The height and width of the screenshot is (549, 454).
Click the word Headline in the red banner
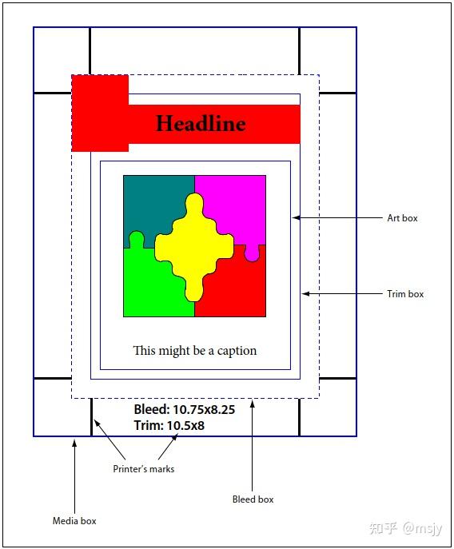[x=201, y=123]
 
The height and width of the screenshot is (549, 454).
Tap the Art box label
[x=402, y=218]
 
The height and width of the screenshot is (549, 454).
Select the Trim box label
[x=405, y=294]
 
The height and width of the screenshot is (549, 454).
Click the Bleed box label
[x=253, y=499]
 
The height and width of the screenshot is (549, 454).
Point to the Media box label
[x=74, y=521]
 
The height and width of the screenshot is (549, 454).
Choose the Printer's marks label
[x=144, y=469]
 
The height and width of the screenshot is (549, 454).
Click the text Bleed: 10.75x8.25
[x=185, y=409]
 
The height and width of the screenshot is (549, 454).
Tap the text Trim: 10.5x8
[x=169, y=425]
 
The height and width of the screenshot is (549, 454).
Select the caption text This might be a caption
[x=195, y=351]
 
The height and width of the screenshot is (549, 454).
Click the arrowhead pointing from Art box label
[x=297, y=218]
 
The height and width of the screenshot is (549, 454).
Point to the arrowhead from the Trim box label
[x=306, y=294]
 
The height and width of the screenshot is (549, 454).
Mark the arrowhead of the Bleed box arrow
[x=253, y=404]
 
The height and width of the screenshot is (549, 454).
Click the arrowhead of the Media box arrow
[x=74, y=444]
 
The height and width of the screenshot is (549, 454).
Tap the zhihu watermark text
[x=406, y=528]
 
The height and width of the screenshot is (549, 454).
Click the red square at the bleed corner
[x=100, y=113]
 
